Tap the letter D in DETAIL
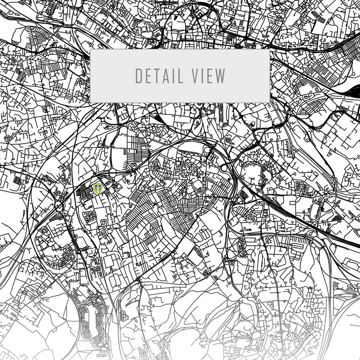click(x=139, y=76)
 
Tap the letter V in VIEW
click(x=195, y=76)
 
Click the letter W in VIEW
click(x=220, y=76)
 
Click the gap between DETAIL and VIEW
click(x=187, y=76)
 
